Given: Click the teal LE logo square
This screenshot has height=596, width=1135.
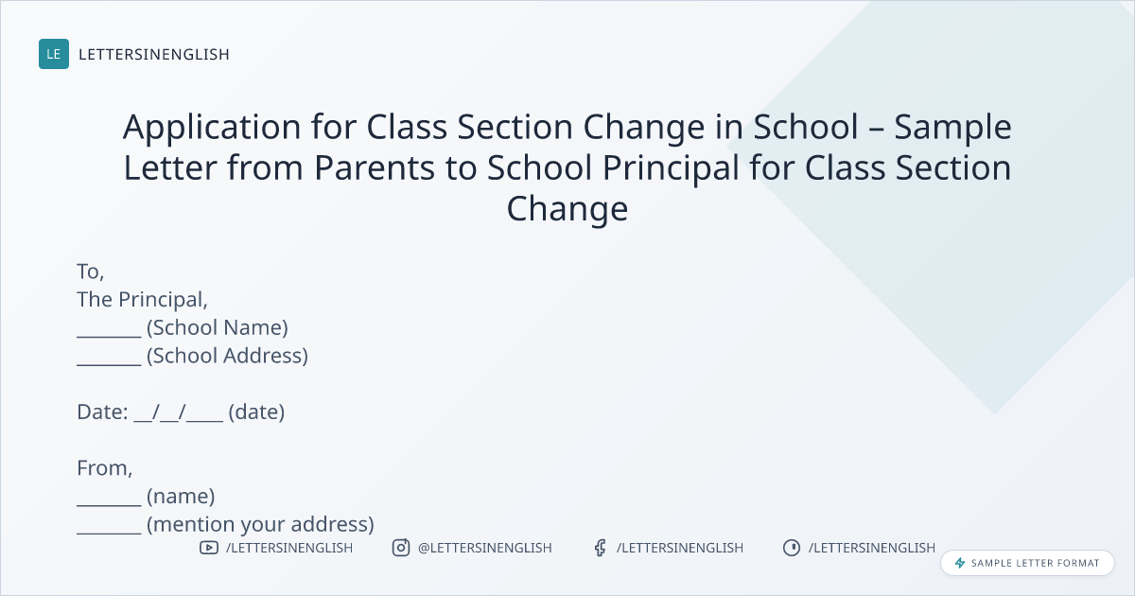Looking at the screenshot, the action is tap(54, 54).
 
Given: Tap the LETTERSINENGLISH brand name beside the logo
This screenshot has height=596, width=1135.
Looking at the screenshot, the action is tap(154, 54).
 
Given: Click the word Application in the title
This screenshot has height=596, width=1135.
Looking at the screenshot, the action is tap(212, 128).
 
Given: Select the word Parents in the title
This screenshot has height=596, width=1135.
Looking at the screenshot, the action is tap(375, 167).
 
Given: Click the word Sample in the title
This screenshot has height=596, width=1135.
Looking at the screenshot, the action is tap(952, 128).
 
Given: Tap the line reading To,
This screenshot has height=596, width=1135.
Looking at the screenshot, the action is tap(91, 272).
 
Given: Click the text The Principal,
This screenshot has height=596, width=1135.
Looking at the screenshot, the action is tap(143, 300).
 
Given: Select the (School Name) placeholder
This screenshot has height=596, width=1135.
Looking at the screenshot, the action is tap(218, 328).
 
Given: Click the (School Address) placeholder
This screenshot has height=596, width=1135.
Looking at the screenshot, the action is tap(228, 356).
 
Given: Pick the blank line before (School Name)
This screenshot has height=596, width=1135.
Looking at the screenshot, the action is tap(109, 336).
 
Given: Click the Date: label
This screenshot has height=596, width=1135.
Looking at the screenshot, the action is tap(102, 412).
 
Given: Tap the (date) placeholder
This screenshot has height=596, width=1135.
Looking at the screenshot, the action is tap(256, 412).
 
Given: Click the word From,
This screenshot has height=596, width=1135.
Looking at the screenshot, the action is tap(104, 468).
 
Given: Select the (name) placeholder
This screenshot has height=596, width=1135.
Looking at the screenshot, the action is tap(181, 496).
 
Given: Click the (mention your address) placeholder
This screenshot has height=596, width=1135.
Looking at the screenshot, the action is tap(260, 524).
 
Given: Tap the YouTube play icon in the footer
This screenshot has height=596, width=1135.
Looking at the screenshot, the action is tap(209, 548).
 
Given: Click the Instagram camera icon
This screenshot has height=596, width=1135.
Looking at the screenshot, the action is tap(401, 548).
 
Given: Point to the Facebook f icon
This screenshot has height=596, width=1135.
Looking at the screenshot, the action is tap(600, 548).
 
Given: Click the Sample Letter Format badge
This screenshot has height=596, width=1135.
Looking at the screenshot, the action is tap(1027, 563).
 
